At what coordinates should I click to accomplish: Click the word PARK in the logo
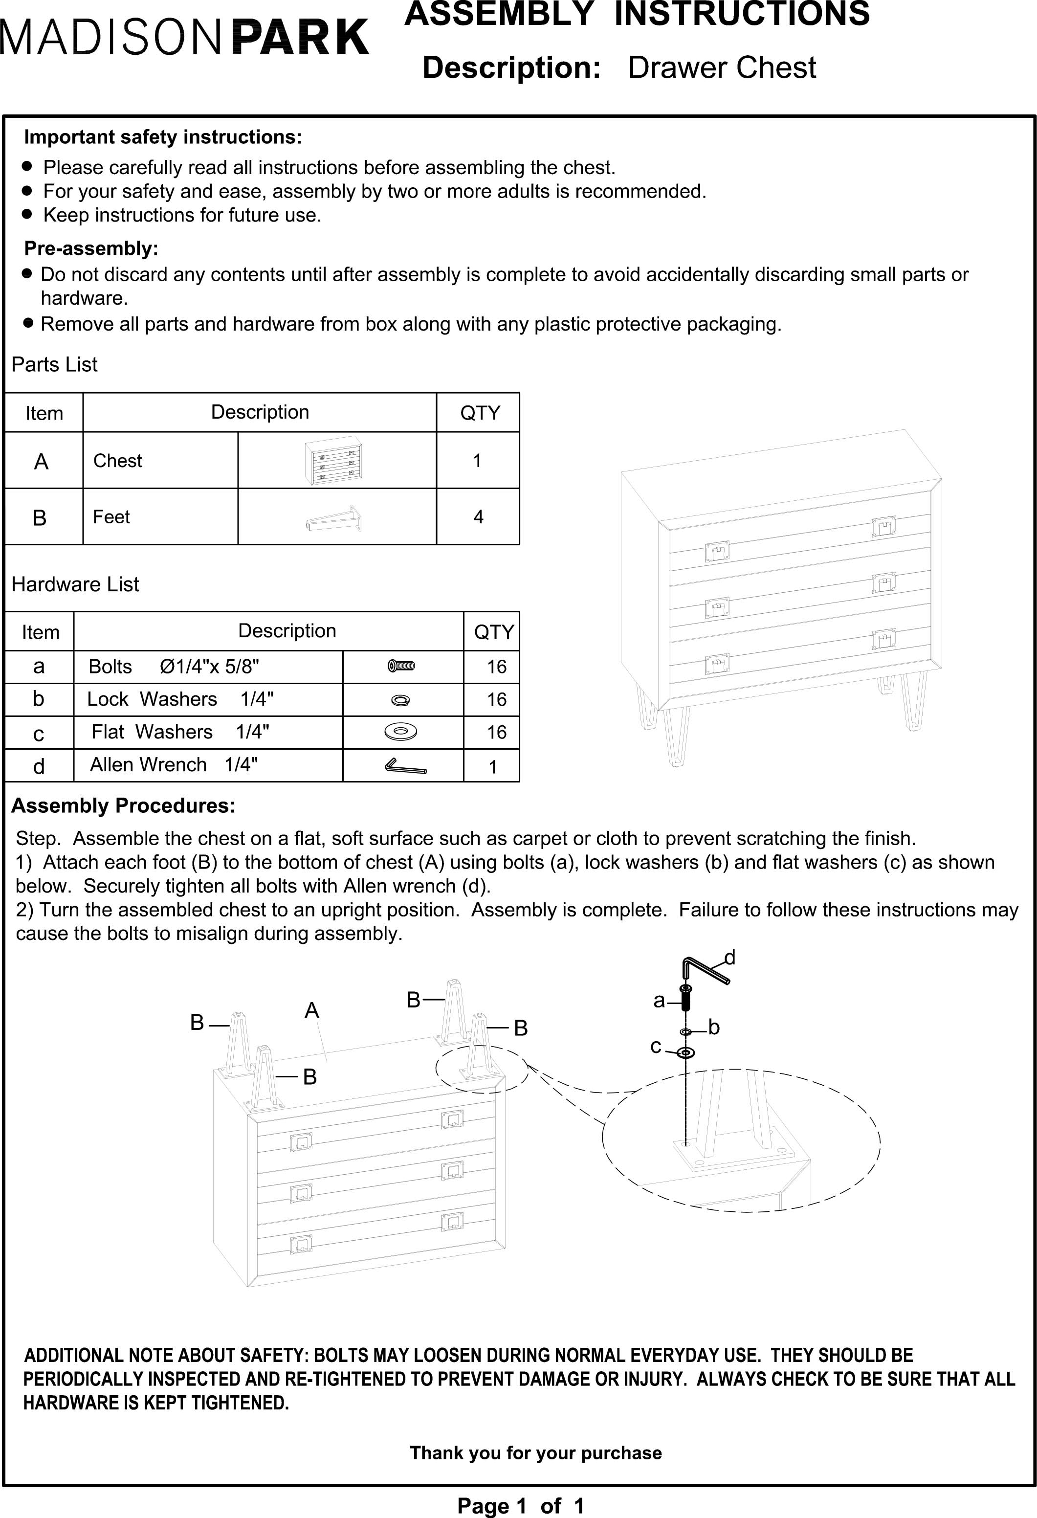[300, 37]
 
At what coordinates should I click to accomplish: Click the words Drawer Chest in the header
[722, 68]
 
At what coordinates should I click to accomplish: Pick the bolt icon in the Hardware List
[401, 666]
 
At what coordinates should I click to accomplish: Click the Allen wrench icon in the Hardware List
[405, 765]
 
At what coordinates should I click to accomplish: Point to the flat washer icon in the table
[401, 732]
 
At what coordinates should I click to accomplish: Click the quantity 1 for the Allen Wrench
[493, 767]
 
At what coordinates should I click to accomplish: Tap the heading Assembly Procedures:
[123, 806]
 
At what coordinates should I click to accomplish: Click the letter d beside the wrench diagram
[730, 958]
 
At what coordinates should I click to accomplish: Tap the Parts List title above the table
[54, 364]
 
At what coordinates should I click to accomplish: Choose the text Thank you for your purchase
[535, 1452]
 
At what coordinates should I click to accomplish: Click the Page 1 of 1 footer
[521, 1506]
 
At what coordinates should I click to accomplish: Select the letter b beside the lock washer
[714, 1027]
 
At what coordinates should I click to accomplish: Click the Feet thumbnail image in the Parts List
[334, 518]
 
